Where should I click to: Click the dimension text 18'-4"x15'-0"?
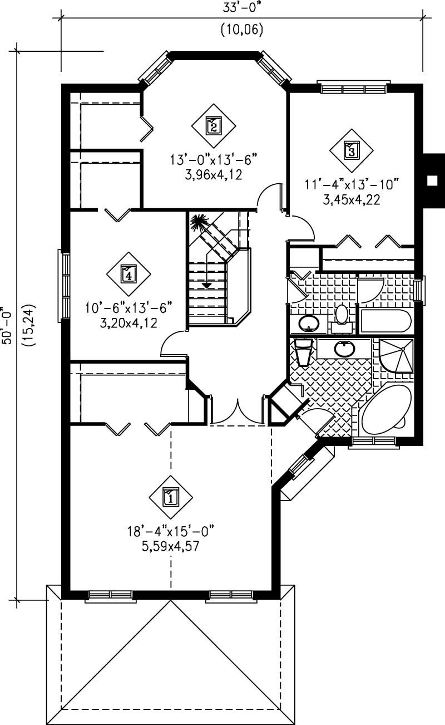171,530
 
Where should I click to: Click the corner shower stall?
396,357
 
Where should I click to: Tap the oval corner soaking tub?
385,409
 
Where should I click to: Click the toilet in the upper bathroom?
341,315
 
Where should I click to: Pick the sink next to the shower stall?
344,349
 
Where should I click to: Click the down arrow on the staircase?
207,285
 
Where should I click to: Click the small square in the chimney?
431,180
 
